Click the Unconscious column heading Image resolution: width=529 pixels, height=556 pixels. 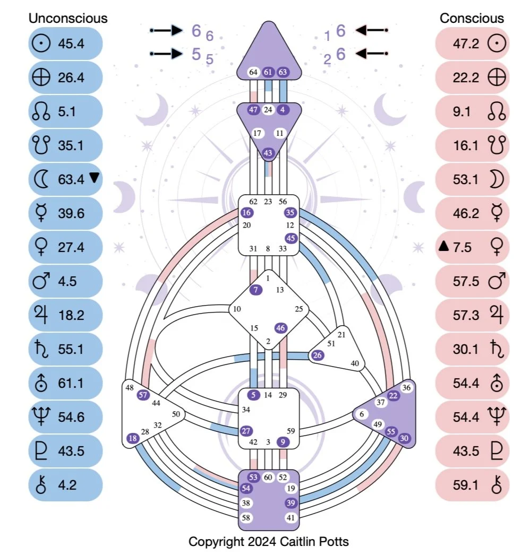[x=68, y=18]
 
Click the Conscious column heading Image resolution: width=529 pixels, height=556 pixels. [x=472, y=18]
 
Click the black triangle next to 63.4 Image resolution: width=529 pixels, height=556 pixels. [x=94, y=178]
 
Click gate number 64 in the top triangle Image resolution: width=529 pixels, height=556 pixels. [x=253, y=72]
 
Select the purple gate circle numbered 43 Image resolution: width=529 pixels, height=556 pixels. [x=268, y=153]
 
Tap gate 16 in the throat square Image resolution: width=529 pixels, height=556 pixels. [x=246, y=212]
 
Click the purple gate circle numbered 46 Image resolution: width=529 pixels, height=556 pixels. [x=281, y=328]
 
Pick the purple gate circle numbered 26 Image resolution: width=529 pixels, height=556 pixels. [x=317, y=355]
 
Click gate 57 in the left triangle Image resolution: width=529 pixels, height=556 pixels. [x=142, y=394]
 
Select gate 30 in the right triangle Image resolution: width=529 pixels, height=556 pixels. [x=404, y=438]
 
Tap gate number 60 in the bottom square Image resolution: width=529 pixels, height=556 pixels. [x=268, y=477]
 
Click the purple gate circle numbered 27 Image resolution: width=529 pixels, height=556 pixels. [x=246, y=430]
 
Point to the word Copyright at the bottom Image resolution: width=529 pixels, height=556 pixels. [x=212, y=542]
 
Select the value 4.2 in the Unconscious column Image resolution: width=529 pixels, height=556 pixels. [x=67, y=485]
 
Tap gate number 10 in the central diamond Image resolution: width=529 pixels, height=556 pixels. [x=237, y=309]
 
